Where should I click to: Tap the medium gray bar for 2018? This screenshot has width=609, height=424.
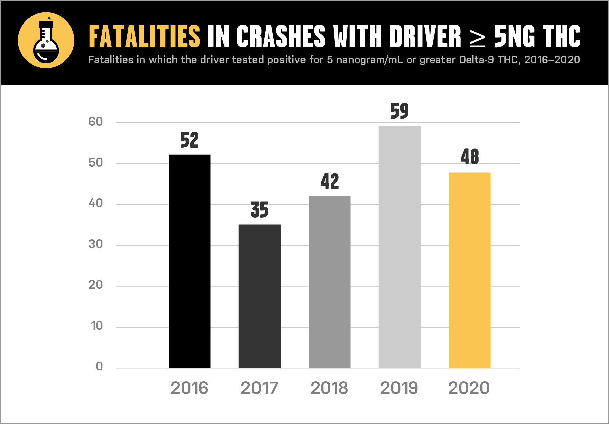tap(329, 282)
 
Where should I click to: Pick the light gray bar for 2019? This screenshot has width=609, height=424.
tap(400, 247)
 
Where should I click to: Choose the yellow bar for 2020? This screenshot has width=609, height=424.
tap(469, 270)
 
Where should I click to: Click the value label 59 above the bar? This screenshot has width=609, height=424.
tap(400, 111)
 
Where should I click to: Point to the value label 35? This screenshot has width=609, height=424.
tap(260, 210)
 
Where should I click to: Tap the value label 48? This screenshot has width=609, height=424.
tap(469, 157)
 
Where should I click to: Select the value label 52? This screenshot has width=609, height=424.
tap(189, 140)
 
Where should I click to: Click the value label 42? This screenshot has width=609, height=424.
tap(329, 182)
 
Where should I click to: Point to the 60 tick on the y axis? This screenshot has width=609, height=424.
tap(96, 122)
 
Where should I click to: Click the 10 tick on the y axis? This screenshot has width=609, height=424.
tap(97, 326)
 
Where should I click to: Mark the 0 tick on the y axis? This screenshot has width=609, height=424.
tap(99, 366)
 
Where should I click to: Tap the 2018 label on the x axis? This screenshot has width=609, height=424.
tap(329, 388)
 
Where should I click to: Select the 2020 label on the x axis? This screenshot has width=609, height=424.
tap(469, 388)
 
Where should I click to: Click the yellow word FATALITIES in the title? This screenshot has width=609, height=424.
tap(144, 36)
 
